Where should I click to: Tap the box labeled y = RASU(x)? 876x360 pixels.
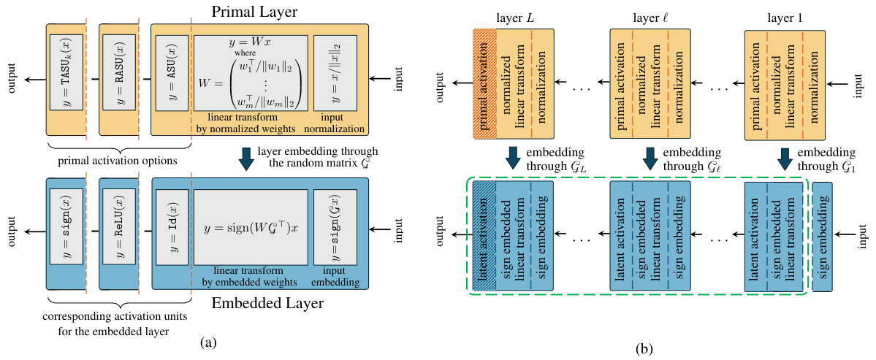tap(119, 73)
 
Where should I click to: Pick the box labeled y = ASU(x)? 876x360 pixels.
tap(171, 73)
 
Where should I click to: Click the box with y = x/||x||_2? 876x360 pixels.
tap(335, 73)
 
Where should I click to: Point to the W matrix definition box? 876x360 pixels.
tap(250, 73)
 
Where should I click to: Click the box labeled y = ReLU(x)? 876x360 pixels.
tap(119, 228)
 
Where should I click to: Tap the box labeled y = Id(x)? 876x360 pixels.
tap(171, 228)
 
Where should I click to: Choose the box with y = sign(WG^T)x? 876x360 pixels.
tap(250, 228)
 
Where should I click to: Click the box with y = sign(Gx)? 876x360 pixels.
tap(335, 228)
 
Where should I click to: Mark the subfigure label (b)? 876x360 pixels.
tap(644, 349)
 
